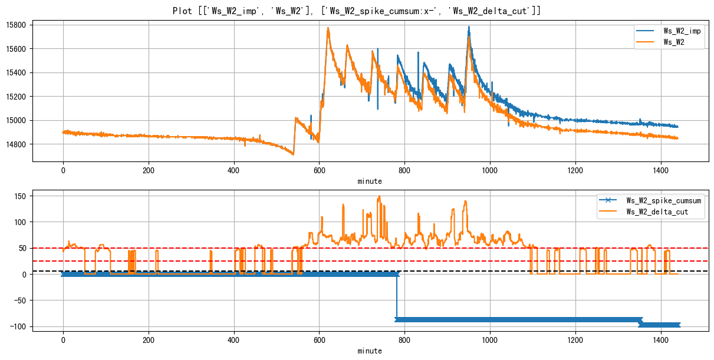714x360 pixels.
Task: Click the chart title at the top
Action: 357,11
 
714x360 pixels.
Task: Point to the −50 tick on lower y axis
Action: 21,300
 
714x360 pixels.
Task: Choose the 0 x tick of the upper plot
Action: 63,170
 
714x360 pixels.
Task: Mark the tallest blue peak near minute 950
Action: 469,27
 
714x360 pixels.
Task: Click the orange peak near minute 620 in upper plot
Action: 328,28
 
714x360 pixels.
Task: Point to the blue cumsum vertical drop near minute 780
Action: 397,298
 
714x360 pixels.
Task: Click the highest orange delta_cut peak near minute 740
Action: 379,196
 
